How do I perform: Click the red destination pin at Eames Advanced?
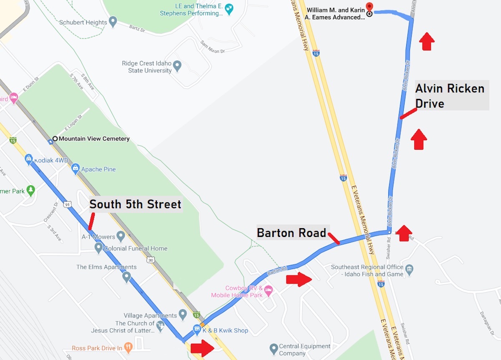click(x=369, y=7)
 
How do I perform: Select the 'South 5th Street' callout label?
click(x=135, y=204)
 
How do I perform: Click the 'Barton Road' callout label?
click(x=291, y=233)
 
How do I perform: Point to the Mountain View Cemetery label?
click(x=94, y=139)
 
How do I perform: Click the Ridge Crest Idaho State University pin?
click(x=177, y=65)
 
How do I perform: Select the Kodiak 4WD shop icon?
click(x=28, y=158)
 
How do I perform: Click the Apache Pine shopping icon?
click(x=75, y=169)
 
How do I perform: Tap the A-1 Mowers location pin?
click(x=121, y=237)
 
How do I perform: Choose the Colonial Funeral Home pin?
click(x=99, y=248)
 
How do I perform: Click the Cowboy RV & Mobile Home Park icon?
click(x=268, y=289)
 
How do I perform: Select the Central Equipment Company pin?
click(x=273, y=348)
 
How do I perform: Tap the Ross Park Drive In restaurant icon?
click(x=129, y=347)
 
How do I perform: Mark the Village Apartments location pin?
click(x=182, y=314)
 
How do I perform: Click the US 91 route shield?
click(x=67, y=204)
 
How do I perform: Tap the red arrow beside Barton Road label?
click(x=299, y=279)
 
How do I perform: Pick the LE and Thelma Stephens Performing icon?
click(x=229, y=8)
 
